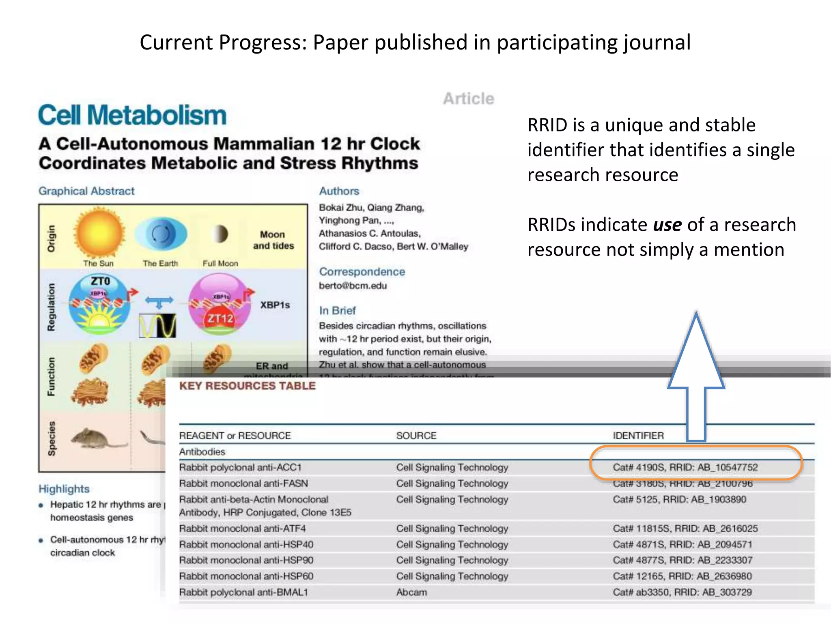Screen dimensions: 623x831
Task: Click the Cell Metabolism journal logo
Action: pyautogui.click(x=132, y=115)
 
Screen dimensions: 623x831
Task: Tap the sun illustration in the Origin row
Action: pyautogui.click(x=99, y=233)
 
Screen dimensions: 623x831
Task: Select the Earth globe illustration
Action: pyautogui.click(x=161, y=234)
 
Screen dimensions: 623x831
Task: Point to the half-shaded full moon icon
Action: pyautogui.click(x=220, y=234)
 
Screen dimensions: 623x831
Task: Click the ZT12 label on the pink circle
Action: pyautogui.click(x=220, y=319)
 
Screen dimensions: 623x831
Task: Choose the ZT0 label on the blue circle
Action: pyautogui.click(x=100, y=281)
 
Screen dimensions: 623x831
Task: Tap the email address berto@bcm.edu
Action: pyautogui.click(x=353, y=286)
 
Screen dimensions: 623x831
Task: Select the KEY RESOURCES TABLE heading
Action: pyautogui.click(x=247, y=386)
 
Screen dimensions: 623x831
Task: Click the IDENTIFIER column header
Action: pyautogui.click(x=638, y=436)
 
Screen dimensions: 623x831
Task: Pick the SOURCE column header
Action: pyautogui.click(x=416, y=436)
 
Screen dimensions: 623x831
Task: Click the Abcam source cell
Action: pyautogui.click(x=411, y=592)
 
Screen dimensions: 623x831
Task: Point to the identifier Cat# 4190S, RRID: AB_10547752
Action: pyautogui.click(x=685, y=467)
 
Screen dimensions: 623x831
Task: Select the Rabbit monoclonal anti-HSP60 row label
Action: pyautogui.click(x=246, y=576)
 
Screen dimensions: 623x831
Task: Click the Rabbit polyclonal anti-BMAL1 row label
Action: pyautogui.click(x=243, y=592)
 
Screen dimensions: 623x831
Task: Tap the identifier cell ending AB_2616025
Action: pyautogui.click(x=685, y=528)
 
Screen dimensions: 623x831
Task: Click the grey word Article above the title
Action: pyautogui.click(x=469, y=99)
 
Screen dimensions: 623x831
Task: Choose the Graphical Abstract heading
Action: pyautogui.click(x=86, y=191)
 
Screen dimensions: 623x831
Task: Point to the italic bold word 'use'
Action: pyautogui.click(x=667, y=225)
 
